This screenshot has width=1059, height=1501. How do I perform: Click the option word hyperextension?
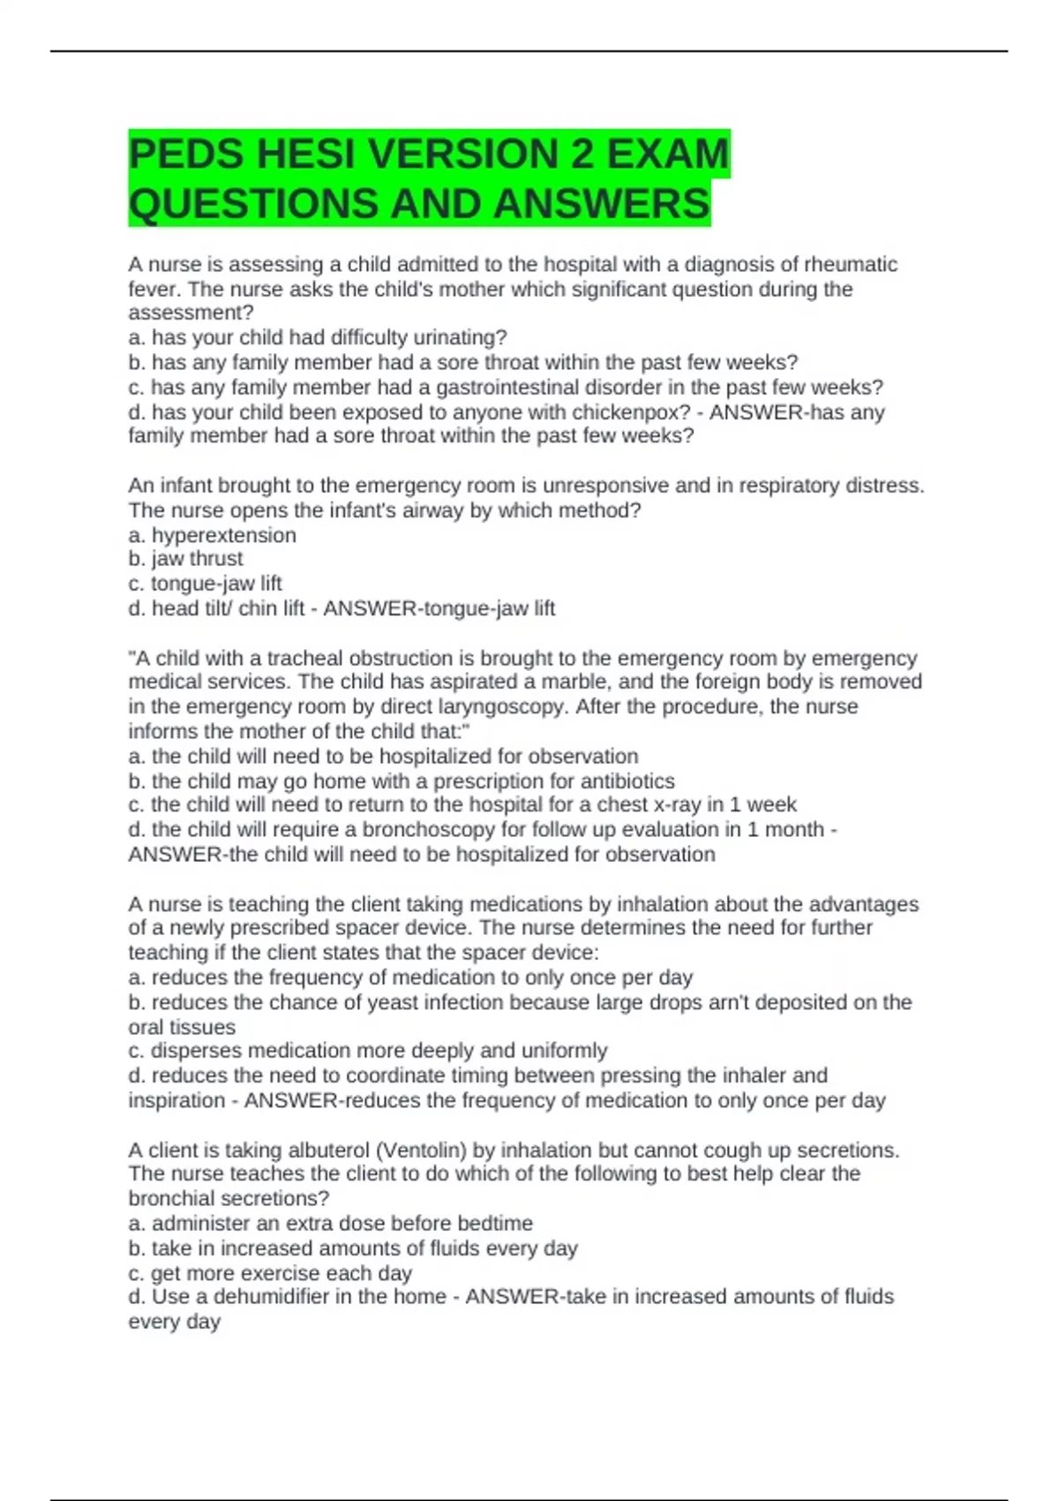pos(224,536)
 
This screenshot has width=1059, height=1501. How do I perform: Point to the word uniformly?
pos(564,1051)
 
